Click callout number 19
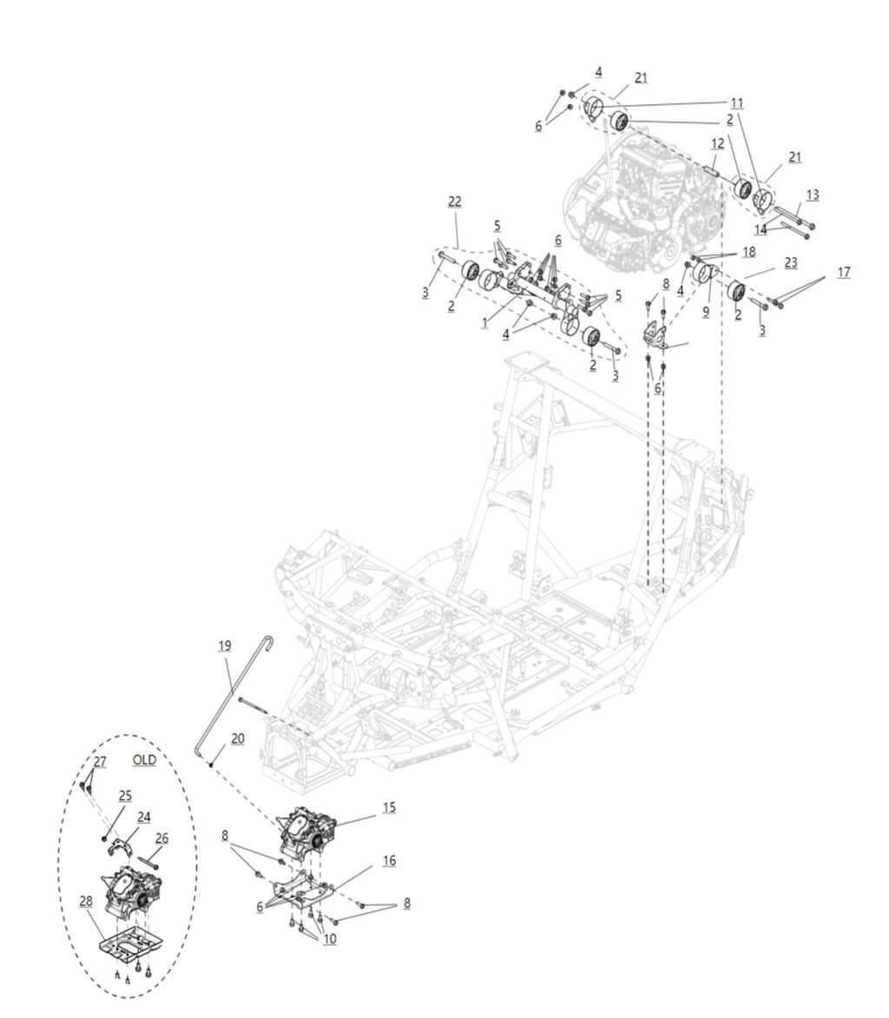(225, 646)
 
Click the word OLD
(144, 760)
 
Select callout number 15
(389, 808)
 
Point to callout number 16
(389, 860)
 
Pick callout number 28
(86, 901)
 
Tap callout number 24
(143, 816)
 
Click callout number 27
(100, 762)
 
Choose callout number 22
(454, 202)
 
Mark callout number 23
(790, 261)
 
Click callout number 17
(843, 272)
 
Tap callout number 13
(812, 195)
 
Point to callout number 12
(717, 142)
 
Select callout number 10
(329, 939)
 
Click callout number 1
(484, 322)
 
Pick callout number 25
(125, 795)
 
